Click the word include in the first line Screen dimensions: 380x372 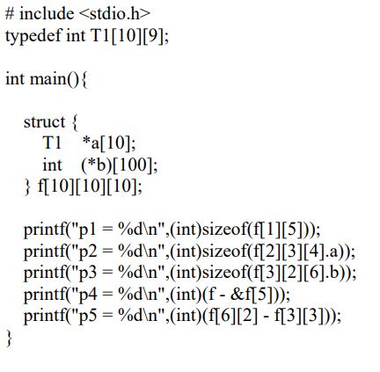tap(47, 13)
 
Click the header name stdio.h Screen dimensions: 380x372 tap(114, 13)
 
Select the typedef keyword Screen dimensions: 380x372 tap(33, 36)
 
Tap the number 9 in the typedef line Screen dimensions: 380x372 tap(153, 36)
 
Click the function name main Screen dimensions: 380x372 tap(48, 78)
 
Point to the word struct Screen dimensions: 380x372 tap(44, 122)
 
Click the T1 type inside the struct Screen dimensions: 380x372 tap(52, 143)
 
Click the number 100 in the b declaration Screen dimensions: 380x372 tap(132, 164)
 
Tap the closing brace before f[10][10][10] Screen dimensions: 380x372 tap(27, 186)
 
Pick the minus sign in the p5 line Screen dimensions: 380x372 tap(267, 317)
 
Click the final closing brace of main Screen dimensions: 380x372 tap(10, 338)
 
